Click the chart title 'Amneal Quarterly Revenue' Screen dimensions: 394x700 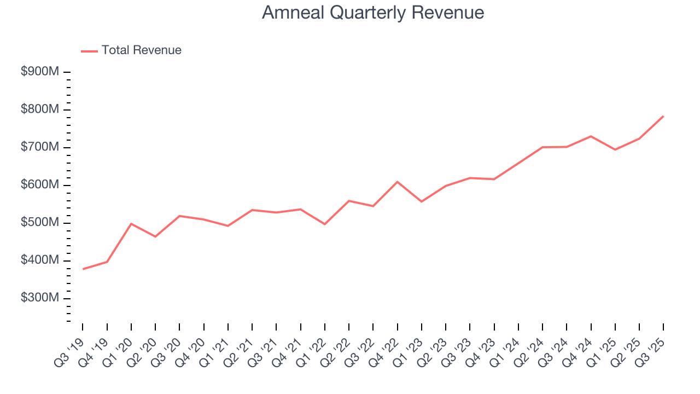point(372,13)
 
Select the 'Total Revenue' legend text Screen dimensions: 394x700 point(141,50)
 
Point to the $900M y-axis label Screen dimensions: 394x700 point(39,72)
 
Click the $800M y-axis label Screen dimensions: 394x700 point(39,110)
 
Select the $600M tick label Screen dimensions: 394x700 point(39,186)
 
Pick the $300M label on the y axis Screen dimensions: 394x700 point(39,299)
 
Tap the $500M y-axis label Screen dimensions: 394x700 point(39,223)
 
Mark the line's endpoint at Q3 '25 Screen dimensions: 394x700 point(663,116)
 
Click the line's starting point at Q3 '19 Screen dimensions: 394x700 point(83,269)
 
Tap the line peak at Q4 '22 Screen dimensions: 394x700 point(398,182)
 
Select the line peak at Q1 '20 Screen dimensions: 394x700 point(131,224)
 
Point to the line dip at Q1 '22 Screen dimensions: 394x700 point(325,224)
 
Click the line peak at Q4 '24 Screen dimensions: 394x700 point(591,136)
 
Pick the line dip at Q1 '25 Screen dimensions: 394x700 point(615,149)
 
